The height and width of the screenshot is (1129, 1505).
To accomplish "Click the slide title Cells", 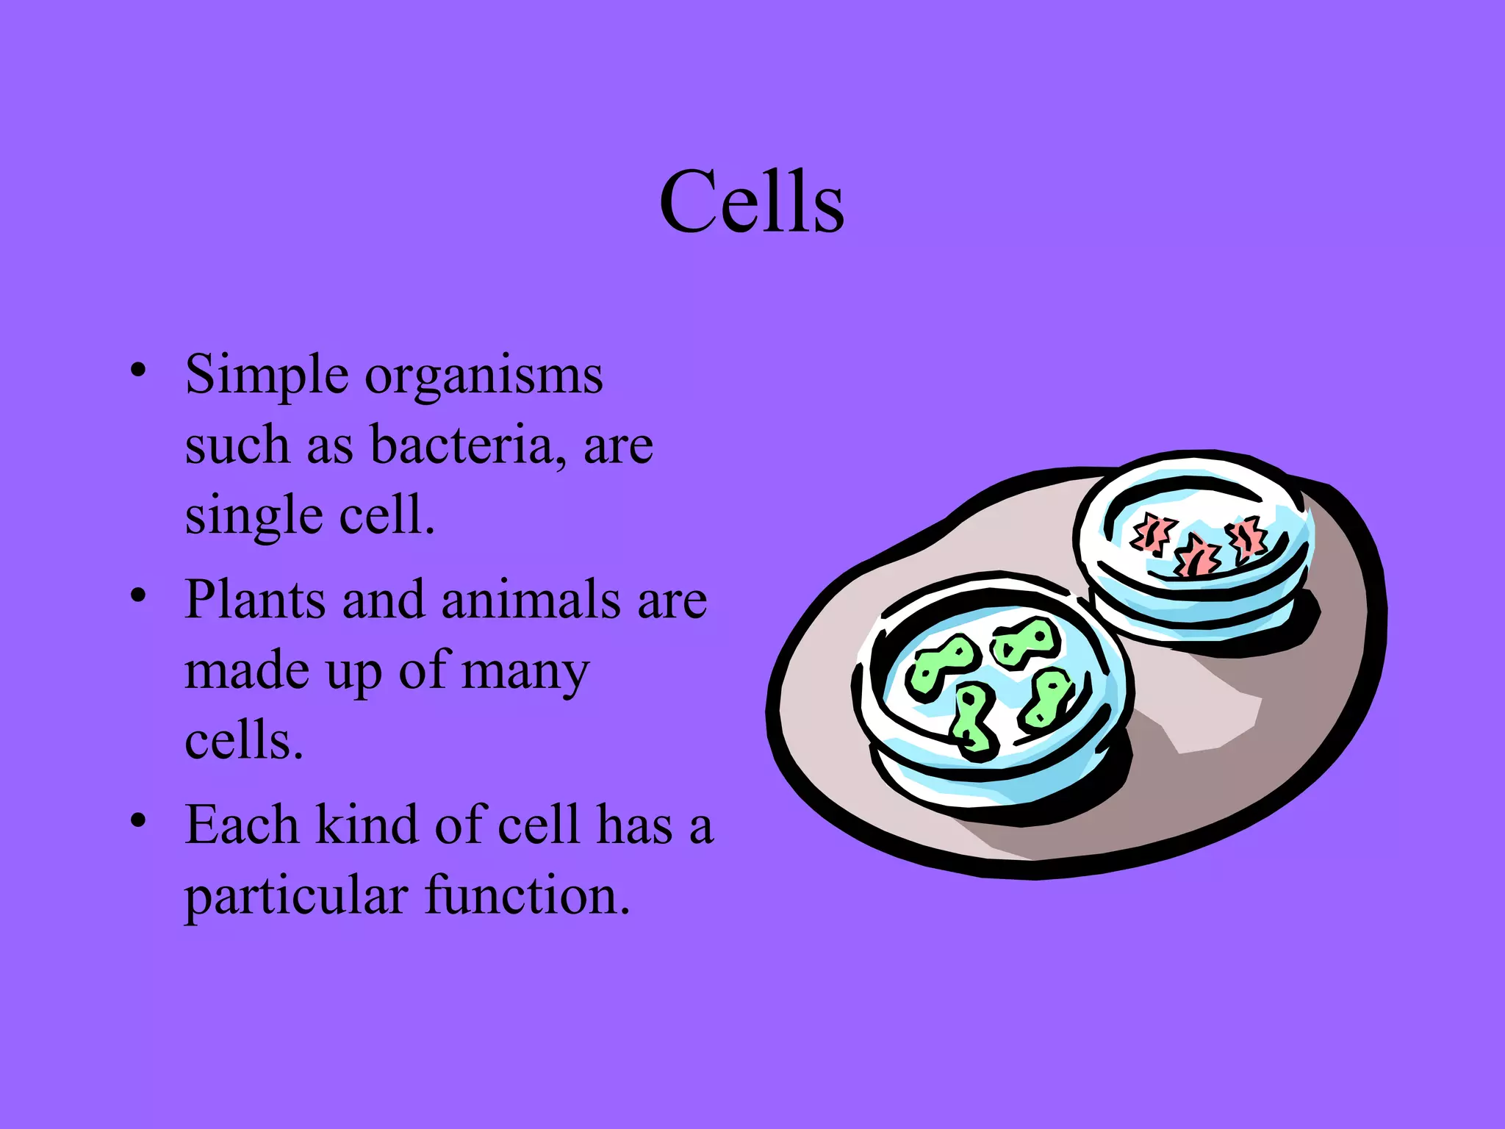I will click(x=752, y=202).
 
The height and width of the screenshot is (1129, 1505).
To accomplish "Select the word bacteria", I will click(x=461, y=445).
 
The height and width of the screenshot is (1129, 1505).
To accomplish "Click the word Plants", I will click(x=254, y=600).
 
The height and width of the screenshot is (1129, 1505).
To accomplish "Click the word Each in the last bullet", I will click(x=241, y=825).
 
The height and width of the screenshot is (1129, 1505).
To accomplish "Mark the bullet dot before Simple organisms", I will click(x=137, y=369).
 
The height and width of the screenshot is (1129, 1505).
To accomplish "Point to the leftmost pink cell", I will click(x=1152, y=534).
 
